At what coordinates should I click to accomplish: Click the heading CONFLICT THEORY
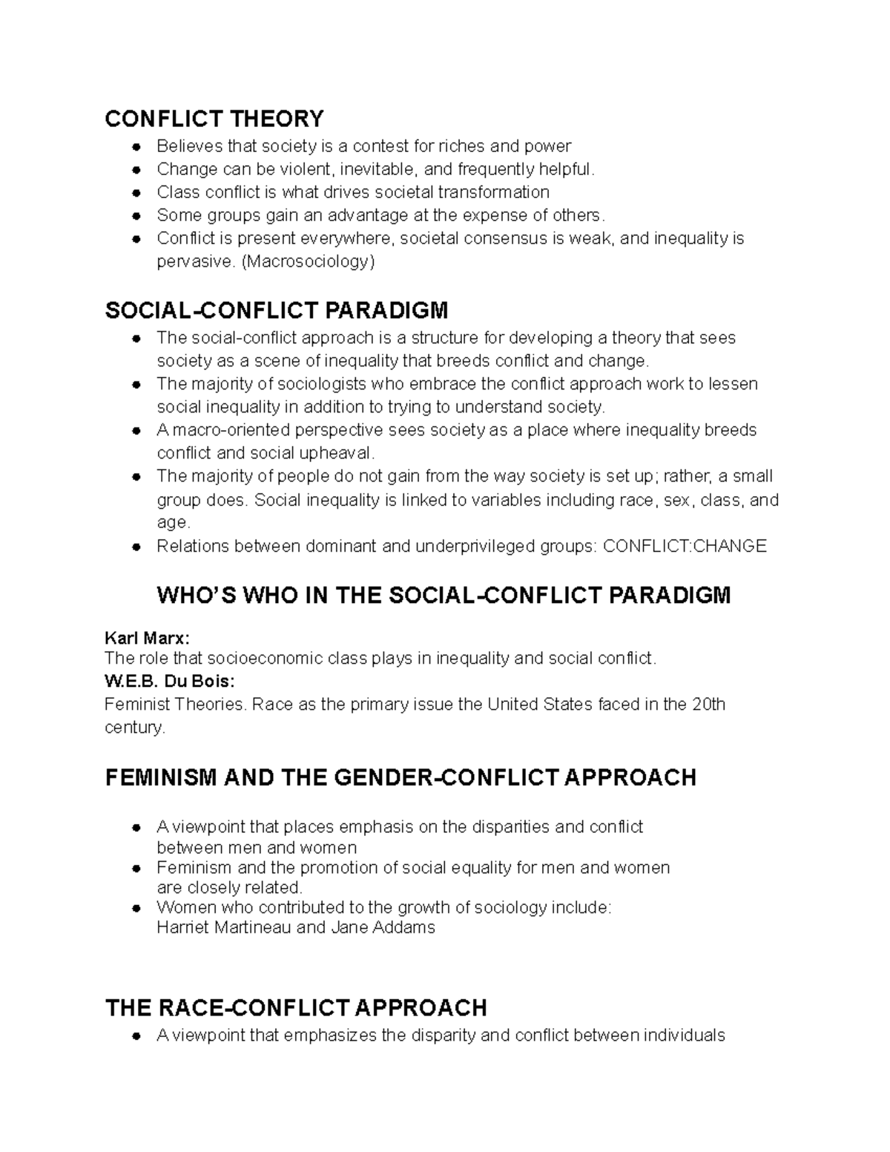point(214,119)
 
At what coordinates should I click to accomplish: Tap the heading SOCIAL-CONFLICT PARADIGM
point(277,310)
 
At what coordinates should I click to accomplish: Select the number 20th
point(708,704)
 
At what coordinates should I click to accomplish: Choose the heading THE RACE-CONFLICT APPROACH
point(296,1007)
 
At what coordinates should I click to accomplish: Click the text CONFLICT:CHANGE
point(685,547)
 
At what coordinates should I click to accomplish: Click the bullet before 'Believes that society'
point(136,147)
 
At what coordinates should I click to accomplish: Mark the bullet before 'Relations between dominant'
point(136,547)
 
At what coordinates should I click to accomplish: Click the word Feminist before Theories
point(137,704)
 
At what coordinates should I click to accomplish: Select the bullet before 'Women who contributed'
point(136,907)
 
